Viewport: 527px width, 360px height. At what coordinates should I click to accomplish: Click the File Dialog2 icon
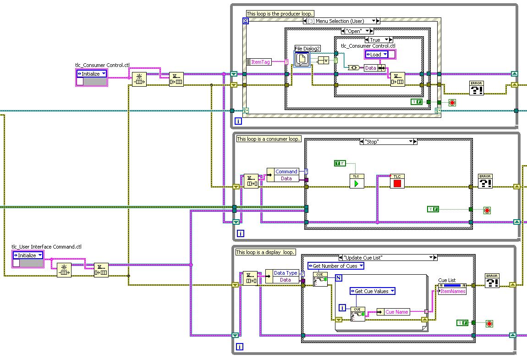coord(302,59)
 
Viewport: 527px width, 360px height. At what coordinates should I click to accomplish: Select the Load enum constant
coord(376,55)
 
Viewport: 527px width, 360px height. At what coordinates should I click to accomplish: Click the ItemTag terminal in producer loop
coord(260,62)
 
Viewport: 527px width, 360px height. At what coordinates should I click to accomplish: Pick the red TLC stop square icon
coord(397,182)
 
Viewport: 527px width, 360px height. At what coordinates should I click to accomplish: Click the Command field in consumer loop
coord(286,172)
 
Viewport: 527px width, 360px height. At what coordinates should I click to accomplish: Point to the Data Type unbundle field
coord(285,273)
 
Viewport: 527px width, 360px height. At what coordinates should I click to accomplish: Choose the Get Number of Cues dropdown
coord(336,266)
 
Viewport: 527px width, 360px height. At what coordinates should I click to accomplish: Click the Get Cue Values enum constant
coord(372,291)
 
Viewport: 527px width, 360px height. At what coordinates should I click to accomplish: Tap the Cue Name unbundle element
coord(397,312)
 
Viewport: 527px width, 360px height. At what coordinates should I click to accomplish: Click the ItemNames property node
coord(452,291)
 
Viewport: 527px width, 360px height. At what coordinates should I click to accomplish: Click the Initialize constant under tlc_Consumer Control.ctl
coord(91,73)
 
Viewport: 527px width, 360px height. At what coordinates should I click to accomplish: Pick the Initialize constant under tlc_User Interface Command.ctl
coord(28,255)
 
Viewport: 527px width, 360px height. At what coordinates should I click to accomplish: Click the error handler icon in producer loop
coord(477,88)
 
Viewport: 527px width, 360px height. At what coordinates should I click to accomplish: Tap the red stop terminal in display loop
coord(489,324)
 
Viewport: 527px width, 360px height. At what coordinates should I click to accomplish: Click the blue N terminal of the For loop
coord(339,277)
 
